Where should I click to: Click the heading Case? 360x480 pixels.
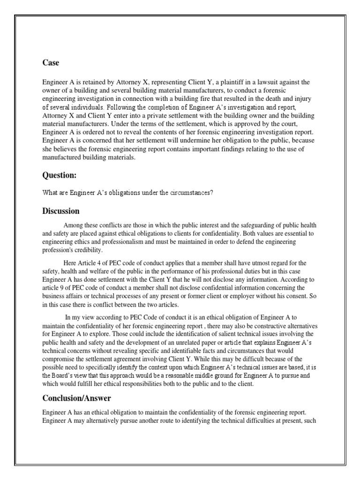pos(51,63)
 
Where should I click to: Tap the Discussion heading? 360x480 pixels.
pos(61,211)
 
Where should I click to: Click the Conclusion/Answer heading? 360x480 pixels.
pos(77,398)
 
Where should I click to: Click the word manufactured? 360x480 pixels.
pos(64,157)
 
